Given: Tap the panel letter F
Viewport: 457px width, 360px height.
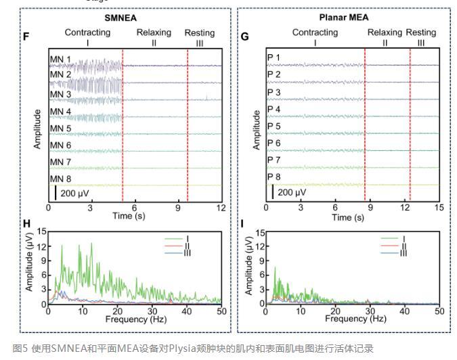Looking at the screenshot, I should pos(26,36).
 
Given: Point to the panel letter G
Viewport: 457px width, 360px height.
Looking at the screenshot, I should pos(244,36).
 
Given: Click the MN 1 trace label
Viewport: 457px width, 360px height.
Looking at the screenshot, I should pos(60,60).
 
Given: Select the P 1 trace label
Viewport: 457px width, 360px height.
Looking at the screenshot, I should pos(274,58).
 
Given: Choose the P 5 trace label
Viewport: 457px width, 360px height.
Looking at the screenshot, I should pos(274,126).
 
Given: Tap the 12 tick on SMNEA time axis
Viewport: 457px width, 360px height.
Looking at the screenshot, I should pos(221,208).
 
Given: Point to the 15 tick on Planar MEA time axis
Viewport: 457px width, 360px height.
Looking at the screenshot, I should pos(439,208).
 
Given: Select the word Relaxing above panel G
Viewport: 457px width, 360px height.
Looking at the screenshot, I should pos(385,32).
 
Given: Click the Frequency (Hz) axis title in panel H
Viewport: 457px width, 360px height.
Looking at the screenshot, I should pos(134,318).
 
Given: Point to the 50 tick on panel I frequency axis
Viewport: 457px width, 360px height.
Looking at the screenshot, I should pos(439,310).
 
